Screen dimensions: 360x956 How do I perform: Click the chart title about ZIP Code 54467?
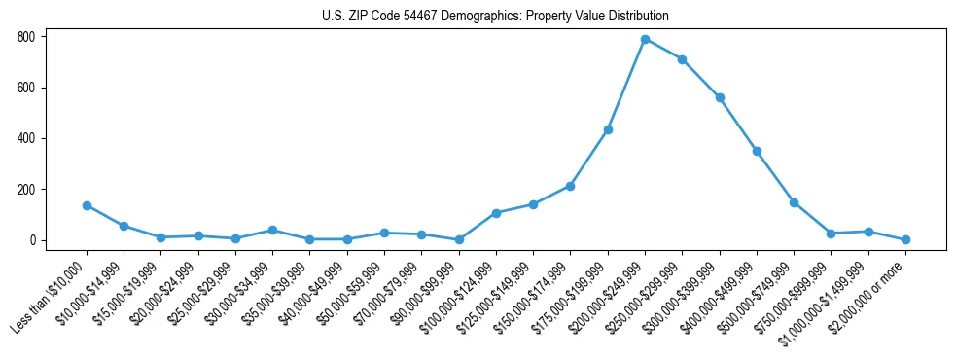pyautogui.click(x=495, y=17)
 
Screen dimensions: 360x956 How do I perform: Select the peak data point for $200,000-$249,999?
pyautogui.click(x=645, y=39)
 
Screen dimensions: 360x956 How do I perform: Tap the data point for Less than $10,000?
pyautogui.click(x=87, y=205)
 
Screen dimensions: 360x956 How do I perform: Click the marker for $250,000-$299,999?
pyautogui.click(x=683, y=59)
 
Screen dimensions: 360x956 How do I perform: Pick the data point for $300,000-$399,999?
pyautogui.click(x=720, y=97)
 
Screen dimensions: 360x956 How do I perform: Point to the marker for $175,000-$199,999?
pyautogui.click(x=608, y=129)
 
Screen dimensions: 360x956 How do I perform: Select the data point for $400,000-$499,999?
pyautogui.click(x=757, y=151)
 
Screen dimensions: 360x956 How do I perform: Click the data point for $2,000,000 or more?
pyautogui.click(x=905, y=239)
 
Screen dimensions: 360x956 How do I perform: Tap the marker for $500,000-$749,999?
pyautogui.click(x=794, y=202)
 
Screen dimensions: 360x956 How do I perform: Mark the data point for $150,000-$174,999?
pyautogui.click(x=570, y=186)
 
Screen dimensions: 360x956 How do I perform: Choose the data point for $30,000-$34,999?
pyautogui.click(x=272, y=230)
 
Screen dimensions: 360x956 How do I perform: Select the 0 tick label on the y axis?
pyautogui.click(x=33, y=240)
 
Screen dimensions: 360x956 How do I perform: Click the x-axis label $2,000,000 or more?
pyautogui.click(x=872, y=292)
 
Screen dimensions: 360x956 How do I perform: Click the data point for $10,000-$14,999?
pyautogui.click(x=124, y=226)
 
